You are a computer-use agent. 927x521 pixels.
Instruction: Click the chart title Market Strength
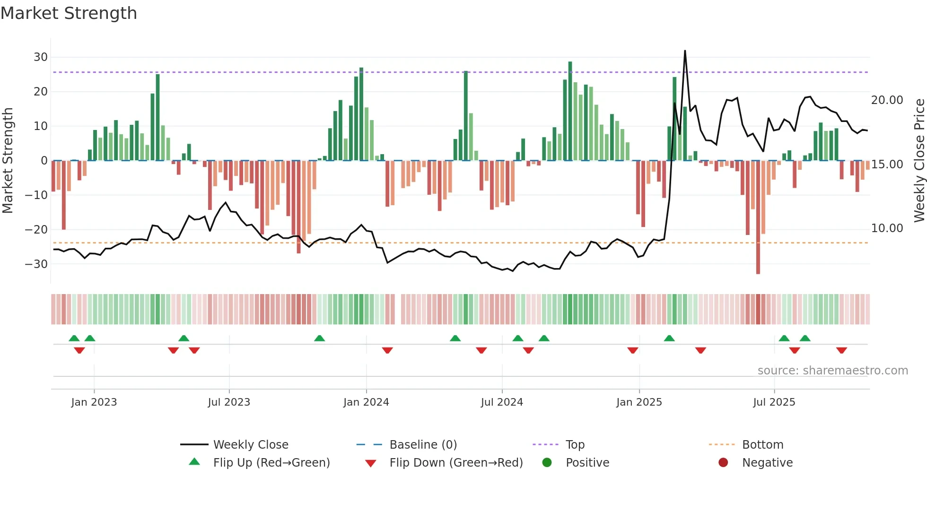[69, 13]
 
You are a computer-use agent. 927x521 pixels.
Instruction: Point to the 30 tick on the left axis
[41, 57]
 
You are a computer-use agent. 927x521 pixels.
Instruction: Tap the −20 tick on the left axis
[36, 230]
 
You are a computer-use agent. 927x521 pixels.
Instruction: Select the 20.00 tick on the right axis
[887, 100]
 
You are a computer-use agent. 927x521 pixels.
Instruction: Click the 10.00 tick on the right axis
[887, 228]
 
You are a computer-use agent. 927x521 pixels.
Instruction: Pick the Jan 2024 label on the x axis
[366, 402]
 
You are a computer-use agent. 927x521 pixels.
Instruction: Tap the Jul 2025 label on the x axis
[774, 402]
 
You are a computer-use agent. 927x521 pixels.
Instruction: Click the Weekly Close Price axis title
[919, 161]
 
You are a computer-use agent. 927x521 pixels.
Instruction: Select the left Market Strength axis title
[8, 161]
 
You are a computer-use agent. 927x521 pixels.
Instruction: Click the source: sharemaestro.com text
[832, 371]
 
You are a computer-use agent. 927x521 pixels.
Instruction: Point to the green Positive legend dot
[547, 463]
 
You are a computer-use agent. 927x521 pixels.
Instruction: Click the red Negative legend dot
[723, 463]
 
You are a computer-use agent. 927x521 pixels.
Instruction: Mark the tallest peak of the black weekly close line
[685, 51]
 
